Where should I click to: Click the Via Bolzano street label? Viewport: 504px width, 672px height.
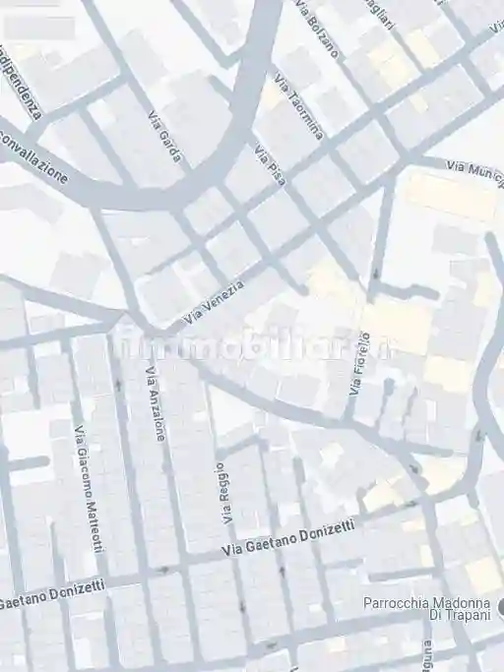pos(316,29)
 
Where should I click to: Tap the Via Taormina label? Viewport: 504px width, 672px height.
pos(298,107)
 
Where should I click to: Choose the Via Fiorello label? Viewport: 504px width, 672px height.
pos(356,363)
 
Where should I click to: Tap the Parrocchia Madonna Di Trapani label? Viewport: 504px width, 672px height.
pos(425,610)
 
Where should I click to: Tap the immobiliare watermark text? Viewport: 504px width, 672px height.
pos(252,346)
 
